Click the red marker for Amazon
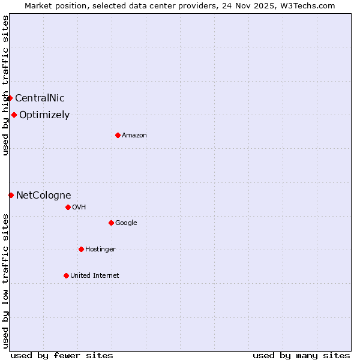pyautogui.click(x=118, y=135)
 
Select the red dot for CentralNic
pyautogui.click(x=10, y=98)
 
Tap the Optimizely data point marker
pyautogui.click(x=14, y=115)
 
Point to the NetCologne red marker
pyautogui.click(x=11, y=195)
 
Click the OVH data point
pyautogui.click(x=68, y=207)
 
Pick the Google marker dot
pyautogui.click(x=111, y=223)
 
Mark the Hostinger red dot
pyautogui.click(x=81, y=249)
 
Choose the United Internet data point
pyautogui.click(x=66, y=275)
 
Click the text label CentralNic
pyautogui.click(x=40, y=98)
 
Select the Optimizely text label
pyautogui.click(x=44, y=115)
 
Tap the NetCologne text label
pyautogui.click(x=43, y=196)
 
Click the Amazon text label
pyautogui.click(x=134, y=136)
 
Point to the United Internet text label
pyautogui.click(x=95, y=276)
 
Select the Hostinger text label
pyautogui.click(x=100, y=250)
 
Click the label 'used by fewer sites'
pyautogui.click(x=62, y=355)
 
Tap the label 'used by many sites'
pyautogui.click(x=301, y=355)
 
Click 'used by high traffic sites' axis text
pyautogui.click(x=5, y=86)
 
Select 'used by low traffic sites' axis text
pyautogui.click(x=5, y=280)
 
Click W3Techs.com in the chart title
pyautogui.click(x=310, y=5)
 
